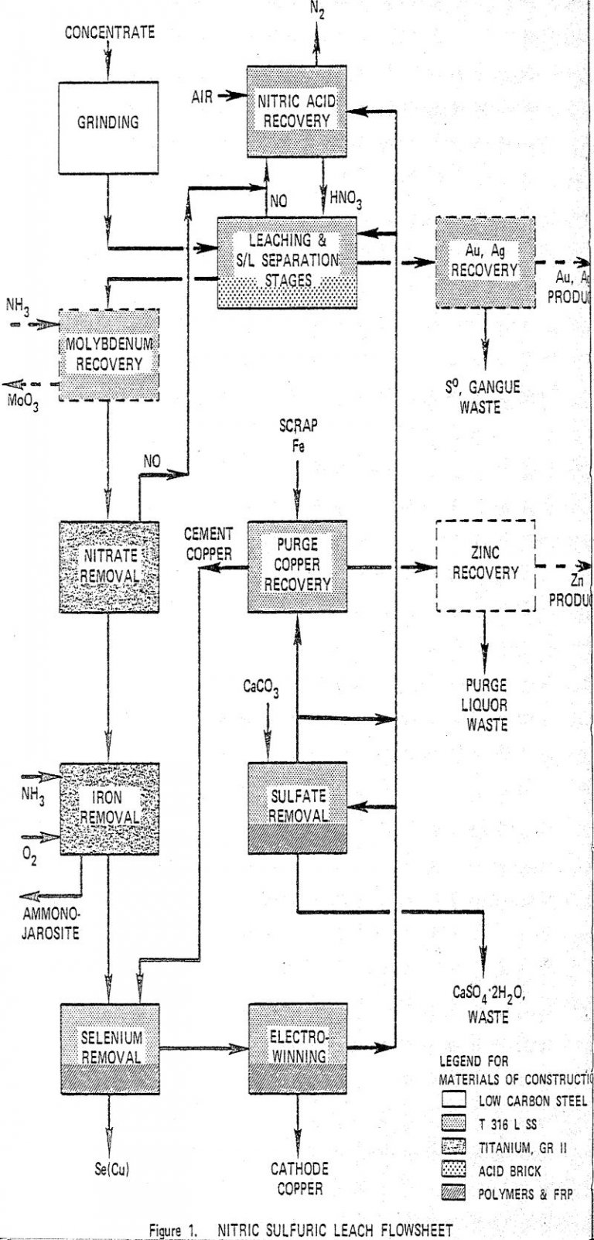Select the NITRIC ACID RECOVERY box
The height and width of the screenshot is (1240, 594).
(x=296, y=112)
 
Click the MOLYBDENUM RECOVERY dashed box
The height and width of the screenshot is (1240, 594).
(x=109, y=354)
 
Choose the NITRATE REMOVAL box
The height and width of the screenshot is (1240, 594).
(x=109, y=567)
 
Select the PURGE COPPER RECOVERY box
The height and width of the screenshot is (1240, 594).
(x=297, y=566)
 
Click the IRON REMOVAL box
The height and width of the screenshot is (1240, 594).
(x=109, y=808)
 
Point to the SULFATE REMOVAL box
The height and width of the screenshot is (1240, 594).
(x=297, y=808)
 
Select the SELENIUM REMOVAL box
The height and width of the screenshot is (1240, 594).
(x=111, y=1048)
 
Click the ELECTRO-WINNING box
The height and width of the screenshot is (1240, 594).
(x=297, y=1048)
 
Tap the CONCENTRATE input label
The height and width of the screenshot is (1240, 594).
(x=109, y=32)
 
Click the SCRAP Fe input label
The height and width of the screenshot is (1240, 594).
(x=298, y=435)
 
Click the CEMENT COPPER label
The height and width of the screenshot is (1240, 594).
(x=207, y=544)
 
